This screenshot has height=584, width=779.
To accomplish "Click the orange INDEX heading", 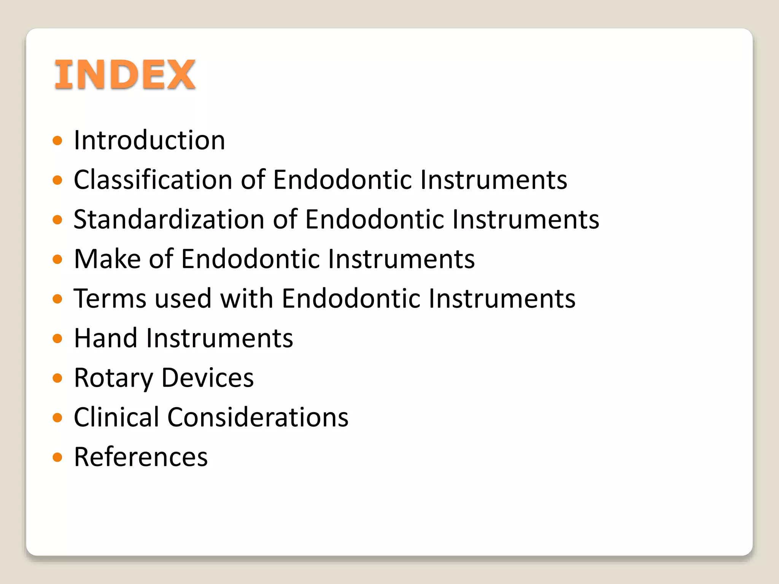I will (125, 75).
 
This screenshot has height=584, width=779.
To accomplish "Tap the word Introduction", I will (149, 140).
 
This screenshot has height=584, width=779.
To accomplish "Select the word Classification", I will (153, 179).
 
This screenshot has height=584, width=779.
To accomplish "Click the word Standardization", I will (169, 219).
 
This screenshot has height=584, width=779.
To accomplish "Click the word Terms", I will (110, 298).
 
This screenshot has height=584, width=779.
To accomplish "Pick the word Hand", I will (105, 338).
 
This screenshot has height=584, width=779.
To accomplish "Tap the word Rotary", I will (113, 378).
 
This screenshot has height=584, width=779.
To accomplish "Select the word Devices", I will (207, 378).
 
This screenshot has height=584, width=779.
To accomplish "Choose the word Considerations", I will (258, 417).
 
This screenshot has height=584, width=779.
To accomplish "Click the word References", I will (141, 457).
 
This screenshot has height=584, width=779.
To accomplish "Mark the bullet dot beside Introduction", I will (57, 141).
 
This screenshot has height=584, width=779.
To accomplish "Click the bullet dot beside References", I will (57, 457).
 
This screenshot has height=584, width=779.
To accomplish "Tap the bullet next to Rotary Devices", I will (57, 378).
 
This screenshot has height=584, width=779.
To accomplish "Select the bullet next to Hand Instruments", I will (57, 339).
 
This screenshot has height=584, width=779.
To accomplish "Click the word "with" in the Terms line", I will (246, 298).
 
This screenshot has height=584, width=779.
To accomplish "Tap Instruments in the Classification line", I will (494, 179).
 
